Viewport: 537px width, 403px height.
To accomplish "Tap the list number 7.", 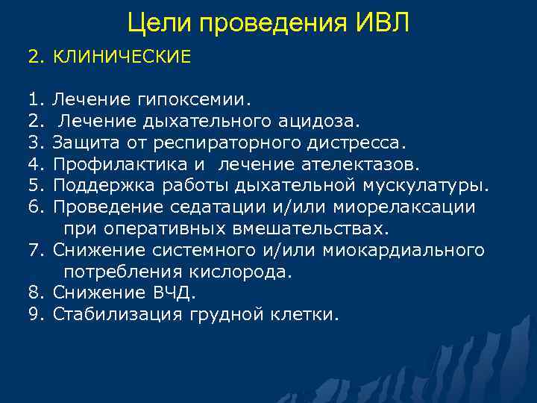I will (x=34, y=249).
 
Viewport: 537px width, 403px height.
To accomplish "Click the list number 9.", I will (x=34, y=314).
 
